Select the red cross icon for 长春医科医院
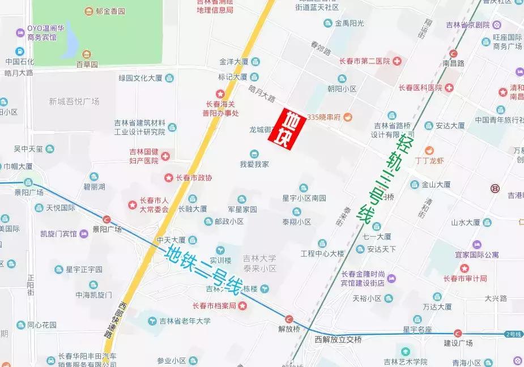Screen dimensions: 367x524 [x=449, y=88]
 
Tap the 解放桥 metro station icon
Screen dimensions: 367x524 [x=289, y=319]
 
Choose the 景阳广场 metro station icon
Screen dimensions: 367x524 [x=106, y=219]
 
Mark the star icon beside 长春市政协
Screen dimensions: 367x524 [x=168, y=178]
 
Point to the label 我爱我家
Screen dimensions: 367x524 [x=254, y=164]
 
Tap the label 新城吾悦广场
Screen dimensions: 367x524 [x=74, y=101]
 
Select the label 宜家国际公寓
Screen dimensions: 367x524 [x=476, y=255]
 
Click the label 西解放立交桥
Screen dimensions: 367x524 [x=338, y=339]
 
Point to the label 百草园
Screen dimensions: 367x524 [x=87, y=65]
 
